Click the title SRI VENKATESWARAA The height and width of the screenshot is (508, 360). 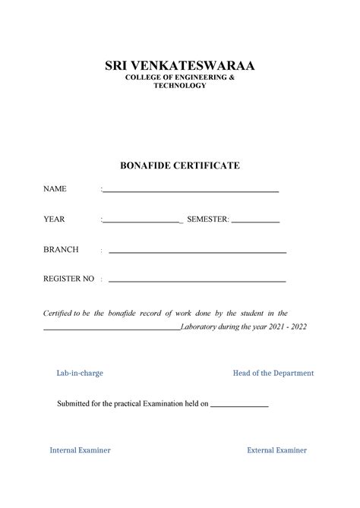point(179,66)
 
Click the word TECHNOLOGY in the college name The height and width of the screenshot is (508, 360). point(179,87)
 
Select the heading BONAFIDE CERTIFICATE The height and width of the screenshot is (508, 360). point(179,165)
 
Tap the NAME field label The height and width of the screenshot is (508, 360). point(55,189)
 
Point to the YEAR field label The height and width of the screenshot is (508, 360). point(54,219)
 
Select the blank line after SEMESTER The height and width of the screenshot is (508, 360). point(255,222)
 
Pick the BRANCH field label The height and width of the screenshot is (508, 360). point(61,250)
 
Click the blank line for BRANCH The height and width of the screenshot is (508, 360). point(197,252)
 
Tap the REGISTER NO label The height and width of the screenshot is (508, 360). point(68,279)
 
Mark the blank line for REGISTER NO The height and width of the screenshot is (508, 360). point(197,282)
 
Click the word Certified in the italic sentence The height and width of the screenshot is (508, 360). point(60,314)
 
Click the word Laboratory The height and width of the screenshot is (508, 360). point(201,327)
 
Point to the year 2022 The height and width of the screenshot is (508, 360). point(298,327)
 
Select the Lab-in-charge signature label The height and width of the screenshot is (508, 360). point(80,374)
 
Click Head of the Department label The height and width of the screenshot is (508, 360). point(273,374)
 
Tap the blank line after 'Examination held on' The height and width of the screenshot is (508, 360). point(238,406)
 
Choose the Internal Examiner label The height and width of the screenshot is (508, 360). point(80,450)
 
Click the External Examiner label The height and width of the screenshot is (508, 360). point(276,450)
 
